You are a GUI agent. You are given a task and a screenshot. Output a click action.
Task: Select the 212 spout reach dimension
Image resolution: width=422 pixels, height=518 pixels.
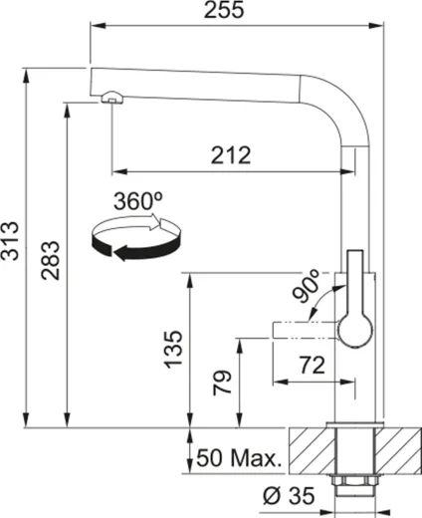230,154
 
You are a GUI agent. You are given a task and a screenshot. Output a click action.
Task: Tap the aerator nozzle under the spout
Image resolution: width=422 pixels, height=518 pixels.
110,98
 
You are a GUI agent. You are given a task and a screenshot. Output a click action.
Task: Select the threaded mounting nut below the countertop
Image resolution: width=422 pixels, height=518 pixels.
355,486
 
